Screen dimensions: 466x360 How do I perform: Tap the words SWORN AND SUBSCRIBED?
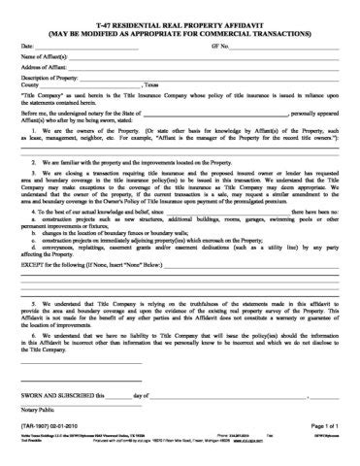[61, 397]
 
